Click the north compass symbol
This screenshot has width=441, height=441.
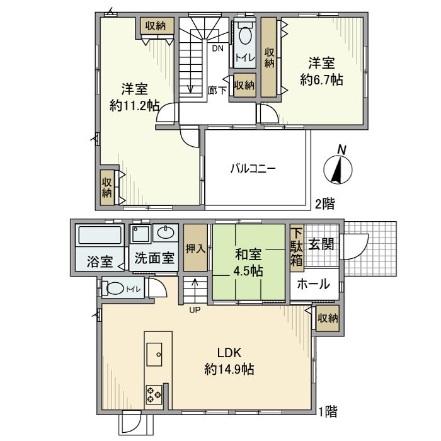[x=338, y=169]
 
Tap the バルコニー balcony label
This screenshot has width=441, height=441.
[x=253, y=169]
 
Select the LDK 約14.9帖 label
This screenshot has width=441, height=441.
[x=229, y=361]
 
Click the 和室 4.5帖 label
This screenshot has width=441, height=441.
[x=249, y=263]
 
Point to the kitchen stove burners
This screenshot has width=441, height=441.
[x=154, y=394]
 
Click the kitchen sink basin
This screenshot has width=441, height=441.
[x=154, y=354]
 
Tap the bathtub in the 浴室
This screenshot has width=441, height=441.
[x=100, y=235]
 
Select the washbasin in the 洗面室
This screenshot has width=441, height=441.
[x=165, y=233]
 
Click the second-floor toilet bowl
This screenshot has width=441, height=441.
[x=245, y=34]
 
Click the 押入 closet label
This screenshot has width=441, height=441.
[x=195, y=248]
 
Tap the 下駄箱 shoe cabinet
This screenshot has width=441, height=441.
[x=297, y=248]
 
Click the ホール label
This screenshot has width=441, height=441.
[x=313, y=284]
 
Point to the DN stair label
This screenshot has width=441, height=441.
[x=217, y=49]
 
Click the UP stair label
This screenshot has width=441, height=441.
[x=195, y=310]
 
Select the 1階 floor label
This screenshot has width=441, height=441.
[x=327, y=412]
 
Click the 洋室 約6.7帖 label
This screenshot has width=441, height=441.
[x=322, y=71]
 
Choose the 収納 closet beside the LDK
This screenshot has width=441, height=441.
[x=328, y=318]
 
